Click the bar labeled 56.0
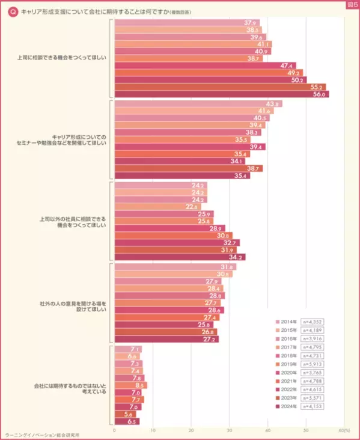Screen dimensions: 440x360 point(221,94)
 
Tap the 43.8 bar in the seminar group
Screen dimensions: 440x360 point(198,104)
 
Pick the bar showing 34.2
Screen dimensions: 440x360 point(179,257)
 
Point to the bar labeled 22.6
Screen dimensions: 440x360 point(157,207)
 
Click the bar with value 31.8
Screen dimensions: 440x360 point(175,267)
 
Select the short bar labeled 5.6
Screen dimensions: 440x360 point(124,414)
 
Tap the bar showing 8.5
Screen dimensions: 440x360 point(130,385)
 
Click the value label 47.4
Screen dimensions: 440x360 point(287,66)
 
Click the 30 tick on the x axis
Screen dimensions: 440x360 point(229,430)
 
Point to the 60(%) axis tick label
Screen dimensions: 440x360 point(344,430)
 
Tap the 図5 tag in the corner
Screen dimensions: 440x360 point(352,5)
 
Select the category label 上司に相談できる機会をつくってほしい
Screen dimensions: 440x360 point(62,58)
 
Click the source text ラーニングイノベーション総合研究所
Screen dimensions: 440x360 point(42,435)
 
